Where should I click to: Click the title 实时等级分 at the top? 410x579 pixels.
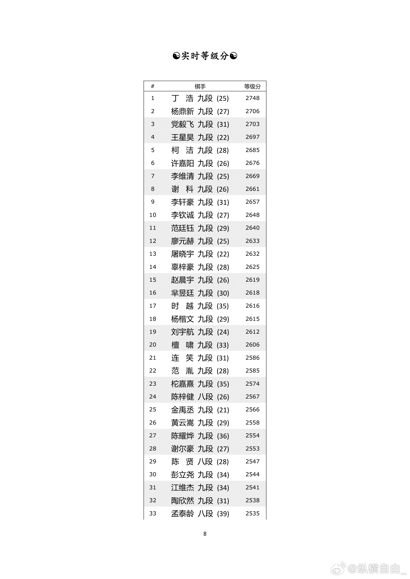point(205,56)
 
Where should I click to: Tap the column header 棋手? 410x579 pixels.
point(200,86)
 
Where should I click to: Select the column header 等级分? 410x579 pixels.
point(252,86)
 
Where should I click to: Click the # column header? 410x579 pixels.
point(152,86)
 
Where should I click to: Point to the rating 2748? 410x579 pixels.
point(252,98)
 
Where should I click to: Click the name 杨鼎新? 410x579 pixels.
point(182,111)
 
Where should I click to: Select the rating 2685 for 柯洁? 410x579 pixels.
point(252,150)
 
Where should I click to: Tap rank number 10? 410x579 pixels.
point(152,215)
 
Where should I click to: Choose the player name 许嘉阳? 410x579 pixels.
point(182,163)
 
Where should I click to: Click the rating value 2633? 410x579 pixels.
point(252,241)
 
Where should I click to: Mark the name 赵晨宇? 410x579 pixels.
point(182,280)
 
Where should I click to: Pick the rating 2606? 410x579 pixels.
point(252,345)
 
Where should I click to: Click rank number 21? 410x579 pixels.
point(152,358)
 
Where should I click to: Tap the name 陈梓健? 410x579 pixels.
point(182,397)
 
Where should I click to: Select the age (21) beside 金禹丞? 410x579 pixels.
point(223,410)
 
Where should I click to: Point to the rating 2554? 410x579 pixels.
point(252,435)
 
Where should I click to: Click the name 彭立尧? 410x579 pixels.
point(182,475)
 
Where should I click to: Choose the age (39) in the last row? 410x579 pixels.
point(223,514)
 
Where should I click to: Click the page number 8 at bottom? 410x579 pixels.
point(205,534)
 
